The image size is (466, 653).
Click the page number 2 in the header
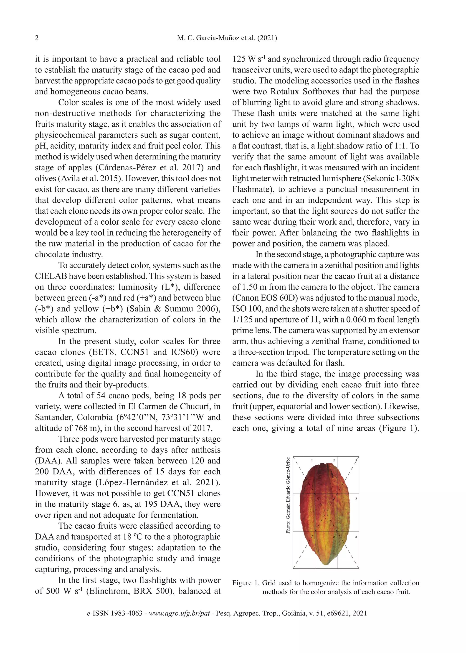[x=37, y=38]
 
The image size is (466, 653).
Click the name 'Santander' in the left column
[x=53, y=417]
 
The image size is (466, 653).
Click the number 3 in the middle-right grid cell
[x=356, y=499]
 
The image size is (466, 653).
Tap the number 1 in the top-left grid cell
[x=312, y=461]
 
